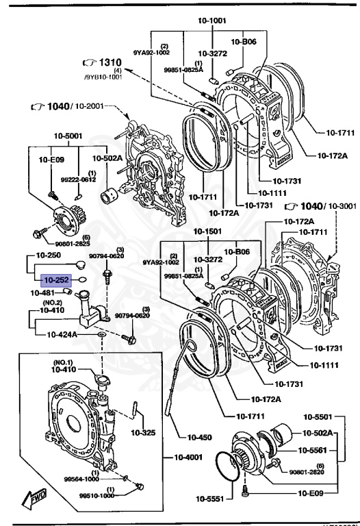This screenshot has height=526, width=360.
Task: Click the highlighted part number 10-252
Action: point(56,280)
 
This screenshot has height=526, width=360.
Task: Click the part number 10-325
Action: point(144,433)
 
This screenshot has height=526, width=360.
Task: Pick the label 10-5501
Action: point(318,417)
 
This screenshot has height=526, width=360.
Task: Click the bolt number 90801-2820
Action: point(307,472)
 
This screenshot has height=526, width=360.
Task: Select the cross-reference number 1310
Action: point(103,64)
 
